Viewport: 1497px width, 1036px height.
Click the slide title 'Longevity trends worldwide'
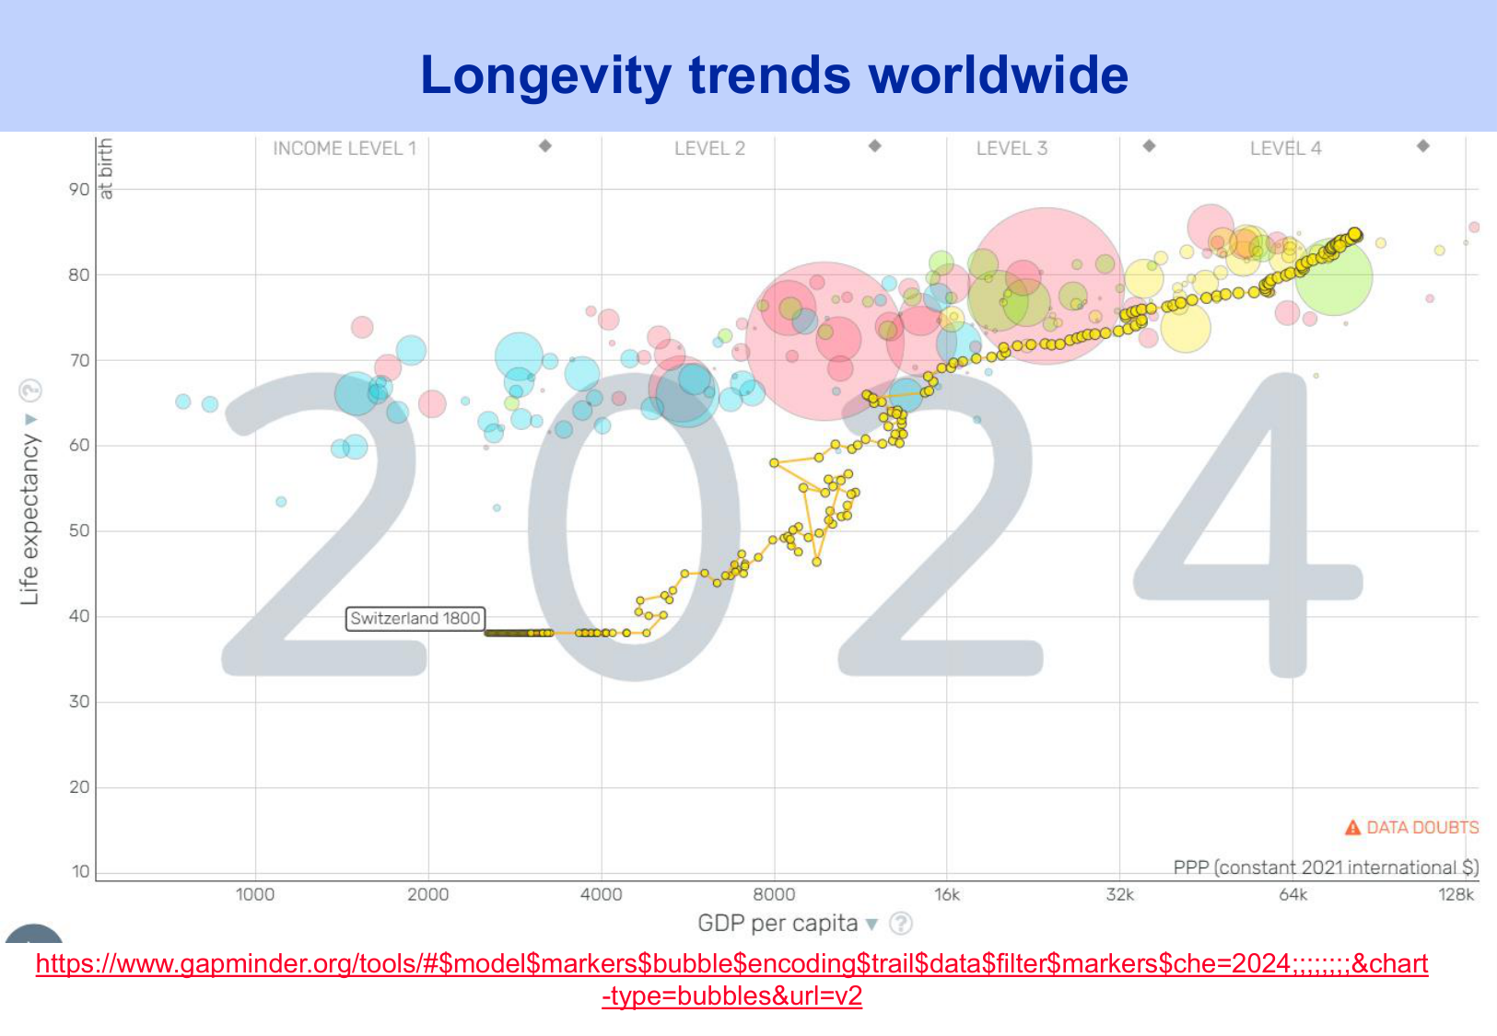pyautogui.click(x=774, y=76)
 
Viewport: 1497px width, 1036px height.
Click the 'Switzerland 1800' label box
pyautogui.click(x=415, y=618)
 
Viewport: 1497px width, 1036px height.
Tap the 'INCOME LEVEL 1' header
pyautogui.click(x=345, y=148)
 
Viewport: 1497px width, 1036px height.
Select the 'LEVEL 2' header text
pyautogui.click(x=709, y=148)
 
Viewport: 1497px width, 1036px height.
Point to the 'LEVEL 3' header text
pyautogui.click(x=1012, y=148)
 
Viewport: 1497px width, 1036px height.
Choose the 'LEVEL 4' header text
pyautogui.click(x=1285, y=148)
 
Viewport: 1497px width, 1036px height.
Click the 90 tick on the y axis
pyautogui.click(x=79, y=190)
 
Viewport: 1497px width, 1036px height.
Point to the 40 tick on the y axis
pyautogui.click(x=79, y=616)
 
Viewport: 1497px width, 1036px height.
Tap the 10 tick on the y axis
pyautogui.click(x=79, y=871)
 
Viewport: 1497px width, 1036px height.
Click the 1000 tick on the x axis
pyautogui.click(x=255, y=894)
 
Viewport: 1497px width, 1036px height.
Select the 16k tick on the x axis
pyautogui.click(x=947, y=894)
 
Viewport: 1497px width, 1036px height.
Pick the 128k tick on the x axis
pyautogui.click(x=1456, y=894)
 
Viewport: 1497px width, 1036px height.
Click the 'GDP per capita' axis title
pyautogui.click(x=778, y=923)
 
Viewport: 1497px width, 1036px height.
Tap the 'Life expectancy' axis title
pyautogui.click(x=30, y=520)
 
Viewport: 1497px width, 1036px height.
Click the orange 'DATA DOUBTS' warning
pyautogui.click(x=1413, y=827)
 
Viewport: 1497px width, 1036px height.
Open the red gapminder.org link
pyautogui.click(x=731, y=964)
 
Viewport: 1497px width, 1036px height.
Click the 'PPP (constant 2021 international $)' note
pyautogui.click(x=1326, y=867)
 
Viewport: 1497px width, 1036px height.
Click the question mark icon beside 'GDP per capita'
pyautogui.click(x=901, y=923)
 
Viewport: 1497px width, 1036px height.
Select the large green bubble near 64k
pyautogui.click(x=1333, y=276)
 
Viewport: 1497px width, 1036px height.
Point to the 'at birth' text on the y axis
pyautogui.click(x=106, y=168)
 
